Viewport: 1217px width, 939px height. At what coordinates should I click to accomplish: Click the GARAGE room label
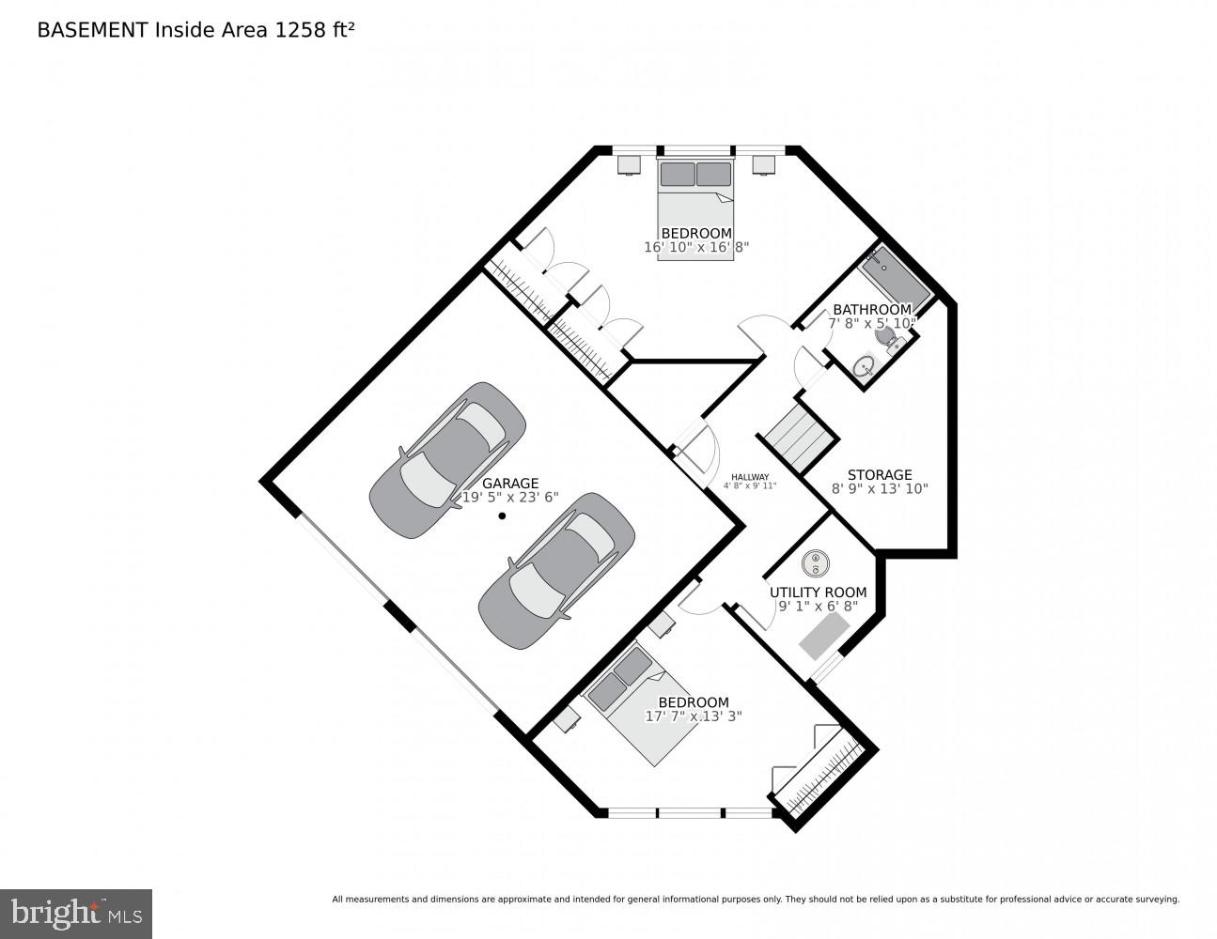[x=510, y=483]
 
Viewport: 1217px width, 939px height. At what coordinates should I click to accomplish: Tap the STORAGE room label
[x=880, y=474]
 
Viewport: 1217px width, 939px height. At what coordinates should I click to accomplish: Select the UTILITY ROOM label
[x=818, y=593]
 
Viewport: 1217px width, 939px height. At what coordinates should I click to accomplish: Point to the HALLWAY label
[x=750, y=477]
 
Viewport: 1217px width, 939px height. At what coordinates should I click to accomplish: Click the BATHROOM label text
[x=872, y=310]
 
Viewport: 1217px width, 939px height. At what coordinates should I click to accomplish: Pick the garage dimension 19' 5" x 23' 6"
[x=510, y=497]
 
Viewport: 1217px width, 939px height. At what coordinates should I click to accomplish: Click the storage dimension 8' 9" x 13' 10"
[x=880, y=488]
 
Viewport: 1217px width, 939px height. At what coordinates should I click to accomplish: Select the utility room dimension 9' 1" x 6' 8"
[x=819, y=606]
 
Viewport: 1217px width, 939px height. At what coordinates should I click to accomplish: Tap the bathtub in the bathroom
[x=897, y=279]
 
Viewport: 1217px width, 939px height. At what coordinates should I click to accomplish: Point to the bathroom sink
[x=865, y=367]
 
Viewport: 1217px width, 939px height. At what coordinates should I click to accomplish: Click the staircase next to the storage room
[x=798, y=438]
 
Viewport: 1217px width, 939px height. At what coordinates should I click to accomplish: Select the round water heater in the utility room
[x=815, y=562]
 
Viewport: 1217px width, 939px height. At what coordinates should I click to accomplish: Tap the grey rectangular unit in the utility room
[x=825, y=636]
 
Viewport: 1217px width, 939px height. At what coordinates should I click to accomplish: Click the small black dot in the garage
[x=503, y=516]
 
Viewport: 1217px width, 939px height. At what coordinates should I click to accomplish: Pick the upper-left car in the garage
[x=447, y=460]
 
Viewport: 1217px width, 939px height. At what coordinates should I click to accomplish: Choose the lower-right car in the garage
[x=556, y=570]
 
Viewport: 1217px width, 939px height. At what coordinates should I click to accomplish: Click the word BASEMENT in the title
[x=92, y=30]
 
